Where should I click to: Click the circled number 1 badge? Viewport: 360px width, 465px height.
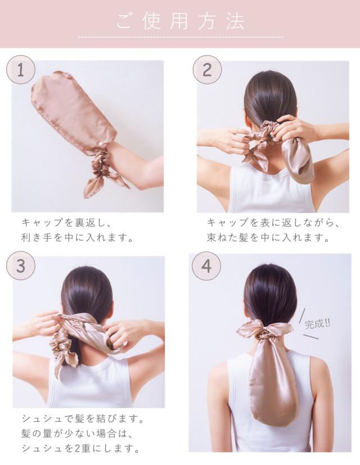point(21,70)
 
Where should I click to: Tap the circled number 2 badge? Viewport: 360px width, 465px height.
point(207,70)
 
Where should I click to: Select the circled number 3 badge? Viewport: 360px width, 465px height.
point(21,266)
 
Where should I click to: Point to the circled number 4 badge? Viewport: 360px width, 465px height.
point(206,266)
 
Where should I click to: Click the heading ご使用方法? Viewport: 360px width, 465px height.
point(181,21)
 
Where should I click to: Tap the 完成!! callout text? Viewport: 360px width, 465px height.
point(317,323)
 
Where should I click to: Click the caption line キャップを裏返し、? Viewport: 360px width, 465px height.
point(66,223)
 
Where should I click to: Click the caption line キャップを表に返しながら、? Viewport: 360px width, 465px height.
point(273,223)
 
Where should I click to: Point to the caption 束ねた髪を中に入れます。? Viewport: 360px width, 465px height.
point(268,237)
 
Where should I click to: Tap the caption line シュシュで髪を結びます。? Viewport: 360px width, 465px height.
point(83,419)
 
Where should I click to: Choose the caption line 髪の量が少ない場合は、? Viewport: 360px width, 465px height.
point(76,434)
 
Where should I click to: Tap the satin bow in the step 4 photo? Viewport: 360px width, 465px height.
point(264,331)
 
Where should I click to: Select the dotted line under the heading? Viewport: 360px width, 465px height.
point(181,37)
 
